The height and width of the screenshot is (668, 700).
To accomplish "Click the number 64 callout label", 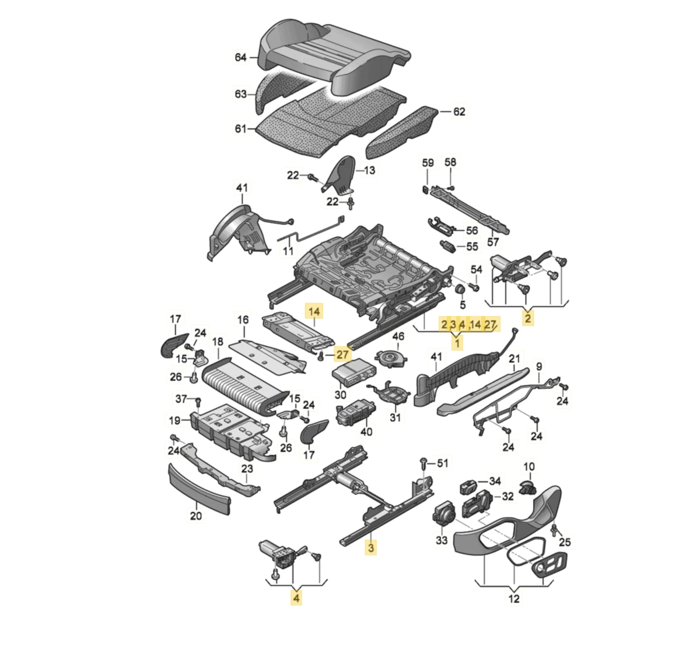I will click(x=240, y=57).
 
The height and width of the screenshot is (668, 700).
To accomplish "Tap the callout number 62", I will click(x=460, y=111).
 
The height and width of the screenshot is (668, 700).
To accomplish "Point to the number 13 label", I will click(x=370, y=170).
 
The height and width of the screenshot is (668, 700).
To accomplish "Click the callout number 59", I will click(x=428, y=163).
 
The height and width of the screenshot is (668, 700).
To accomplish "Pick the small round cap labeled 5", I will click(x=459, y=290).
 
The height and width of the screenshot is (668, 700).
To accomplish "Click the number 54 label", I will click(x=477, y=269).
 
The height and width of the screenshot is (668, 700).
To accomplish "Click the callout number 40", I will click(x=366, y=432).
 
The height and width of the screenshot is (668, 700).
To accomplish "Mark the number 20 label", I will click(x=196, y=515).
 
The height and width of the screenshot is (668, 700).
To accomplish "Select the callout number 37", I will click(x=181, y=399).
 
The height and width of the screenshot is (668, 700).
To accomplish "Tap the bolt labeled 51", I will click(x=424, y=463).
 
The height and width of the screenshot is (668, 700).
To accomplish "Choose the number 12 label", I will click(x=514, y=599).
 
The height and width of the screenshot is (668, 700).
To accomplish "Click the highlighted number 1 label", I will click(x=457, y=343).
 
